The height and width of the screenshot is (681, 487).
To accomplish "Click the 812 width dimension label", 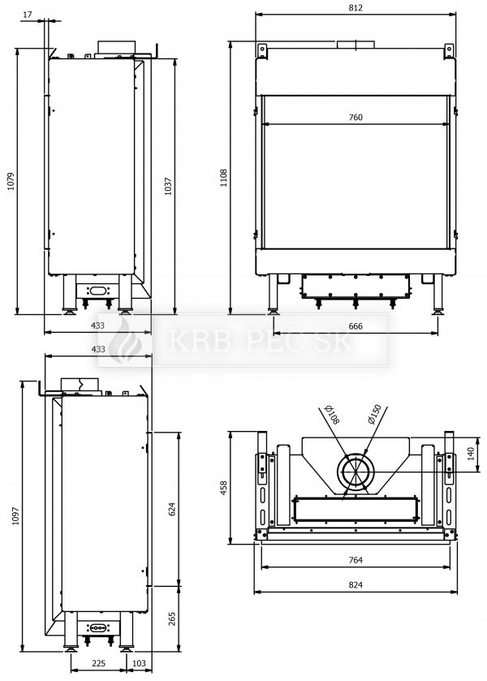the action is pyautogui.click(x=356, y=8).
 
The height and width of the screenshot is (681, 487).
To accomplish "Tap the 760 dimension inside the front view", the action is pyautogui.click(x=356, y=117).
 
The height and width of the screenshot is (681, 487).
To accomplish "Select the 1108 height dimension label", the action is pyautogui.click(x=224, y=178).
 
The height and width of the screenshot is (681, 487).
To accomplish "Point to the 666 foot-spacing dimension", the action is pyautogui.click(x=356, y=326).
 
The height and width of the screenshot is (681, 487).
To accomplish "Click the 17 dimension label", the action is pyautogui.click(x=28, y=15).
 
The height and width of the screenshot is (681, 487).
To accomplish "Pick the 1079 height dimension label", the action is pyautogui.click(x=11, y=181).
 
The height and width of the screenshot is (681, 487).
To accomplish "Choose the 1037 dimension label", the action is pyautogui.click(x=169, y=186).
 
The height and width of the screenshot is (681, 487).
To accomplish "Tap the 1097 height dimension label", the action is pyautogui.click(x=15, y=515).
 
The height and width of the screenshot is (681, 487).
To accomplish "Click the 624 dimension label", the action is pyautogui.click(x=172, y=509).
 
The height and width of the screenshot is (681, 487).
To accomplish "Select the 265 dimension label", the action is pyautogui.click(x=172, y=619).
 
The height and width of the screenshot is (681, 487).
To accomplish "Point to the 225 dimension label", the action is pyautogui.click(x=98, y=663).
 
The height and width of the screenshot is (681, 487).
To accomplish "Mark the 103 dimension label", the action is pyautogui.click(x=139, y=663).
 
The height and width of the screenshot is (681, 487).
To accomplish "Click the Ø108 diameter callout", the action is pyautogui.click(x=332, y=415).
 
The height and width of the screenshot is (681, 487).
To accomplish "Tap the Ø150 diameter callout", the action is pyautogui.click(x=374, y=414).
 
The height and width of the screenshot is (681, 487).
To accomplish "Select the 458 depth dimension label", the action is pyautogui.click(x=224, y=488).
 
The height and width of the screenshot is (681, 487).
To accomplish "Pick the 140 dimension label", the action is pyautogui.click(x=471, y=455).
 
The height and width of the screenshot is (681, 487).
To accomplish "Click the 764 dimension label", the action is pyautogui.click(x=356, y=560).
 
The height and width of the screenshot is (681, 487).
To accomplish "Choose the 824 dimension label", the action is pyautogui.click(x=356, y=585).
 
